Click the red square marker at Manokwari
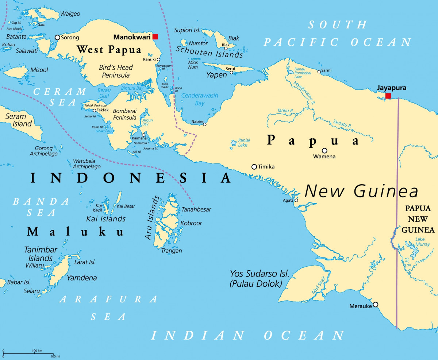155,36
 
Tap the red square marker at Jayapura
388,96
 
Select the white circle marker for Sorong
57,37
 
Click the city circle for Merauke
375,305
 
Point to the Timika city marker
254,167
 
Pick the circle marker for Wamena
324,151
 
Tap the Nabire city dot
204,124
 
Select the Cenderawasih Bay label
200,99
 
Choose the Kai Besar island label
126,206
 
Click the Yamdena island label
82,278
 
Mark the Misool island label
39,70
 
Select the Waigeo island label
70,14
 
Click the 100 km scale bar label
37,351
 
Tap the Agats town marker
296,200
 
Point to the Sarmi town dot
319,72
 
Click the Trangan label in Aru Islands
172,251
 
